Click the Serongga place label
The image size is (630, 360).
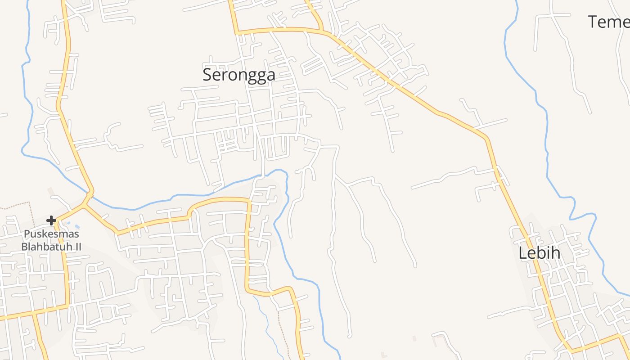[238, 75]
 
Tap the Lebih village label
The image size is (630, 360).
[540, 253]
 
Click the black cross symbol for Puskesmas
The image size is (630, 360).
[51, 220]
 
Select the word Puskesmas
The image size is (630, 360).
[51, 234]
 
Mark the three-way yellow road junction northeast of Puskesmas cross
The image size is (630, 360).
[85, 206]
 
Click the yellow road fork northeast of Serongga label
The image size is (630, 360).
[322, 31]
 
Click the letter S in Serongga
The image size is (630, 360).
[207, 75]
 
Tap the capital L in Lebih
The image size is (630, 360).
[523, 253]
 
